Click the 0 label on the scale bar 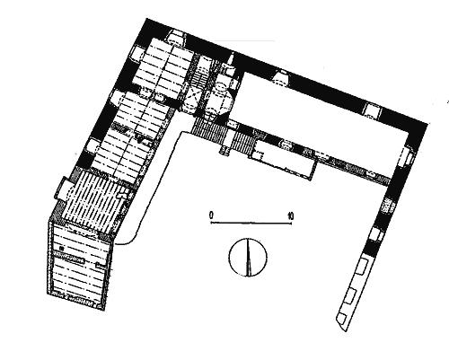coord(211,215)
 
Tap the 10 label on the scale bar coord(290,215)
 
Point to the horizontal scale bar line coord(251,223)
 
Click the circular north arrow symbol coord(248,257)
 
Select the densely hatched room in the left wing coord(96,199)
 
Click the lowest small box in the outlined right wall coord(343,319)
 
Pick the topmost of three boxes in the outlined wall coord(362,267)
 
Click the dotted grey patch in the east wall coord(388,206)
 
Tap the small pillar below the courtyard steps coord(224,150)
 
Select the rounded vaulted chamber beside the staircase coord(221,97)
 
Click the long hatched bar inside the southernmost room coord(68,258)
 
